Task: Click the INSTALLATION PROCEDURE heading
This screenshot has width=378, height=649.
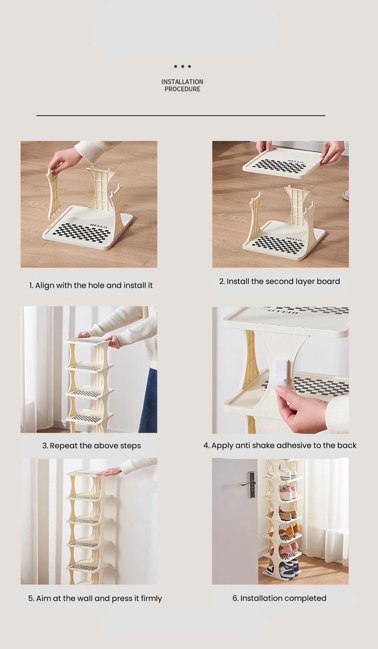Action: tap(182, 86)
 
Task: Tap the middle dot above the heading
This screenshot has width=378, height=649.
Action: tap(182, 66)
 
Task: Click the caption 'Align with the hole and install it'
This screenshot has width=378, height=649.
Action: tap(91, 285)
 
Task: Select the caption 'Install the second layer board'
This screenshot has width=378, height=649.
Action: tap(279, 281)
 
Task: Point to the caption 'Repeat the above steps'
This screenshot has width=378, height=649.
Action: tap(91, 445)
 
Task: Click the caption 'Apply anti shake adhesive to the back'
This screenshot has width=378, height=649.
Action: tap(280, 445)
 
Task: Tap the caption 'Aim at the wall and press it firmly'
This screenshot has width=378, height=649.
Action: tap(95, 598)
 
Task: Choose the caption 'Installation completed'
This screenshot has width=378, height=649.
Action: tap(279, 598)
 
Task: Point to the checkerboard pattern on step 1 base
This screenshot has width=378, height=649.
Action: tap(81, 232)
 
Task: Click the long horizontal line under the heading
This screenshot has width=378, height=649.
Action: tap(181, 116)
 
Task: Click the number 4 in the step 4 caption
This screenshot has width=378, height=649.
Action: tap(206, 445)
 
